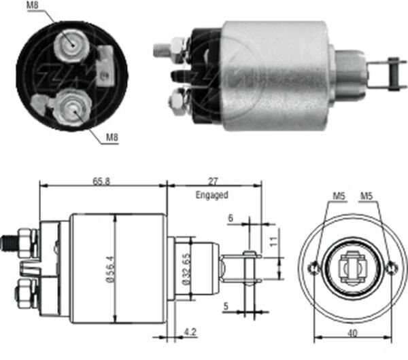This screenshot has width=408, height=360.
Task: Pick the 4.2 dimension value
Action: tap(190, 332)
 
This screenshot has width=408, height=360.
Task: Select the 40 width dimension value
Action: tap(352, 332)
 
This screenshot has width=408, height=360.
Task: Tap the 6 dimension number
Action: tap(231, 218)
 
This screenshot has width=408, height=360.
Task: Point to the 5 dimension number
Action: tap(225, 306)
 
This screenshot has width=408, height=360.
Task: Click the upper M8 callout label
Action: tap(33, 7)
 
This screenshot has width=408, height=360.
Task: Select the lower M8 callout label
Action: tap(113, 139)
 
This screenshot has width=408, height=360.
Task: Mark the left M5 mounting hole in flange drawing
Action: tap(313, 268)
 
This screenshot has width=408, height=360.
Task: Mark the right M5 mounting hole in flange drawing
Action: tap(391, 268)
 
